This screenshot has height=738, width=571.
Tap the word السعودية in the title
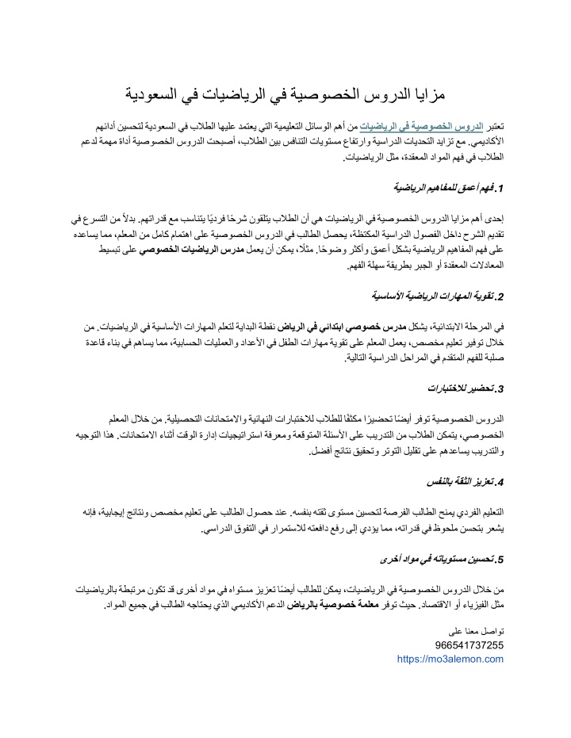(155, 94)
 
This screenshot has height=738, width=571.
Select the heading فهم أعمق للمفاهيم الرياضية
(446, 189)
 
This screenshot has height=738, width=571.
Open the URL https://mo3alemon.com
(450, 658)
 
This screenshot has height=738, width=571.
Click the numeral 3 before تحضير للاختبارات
(502, 389)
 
